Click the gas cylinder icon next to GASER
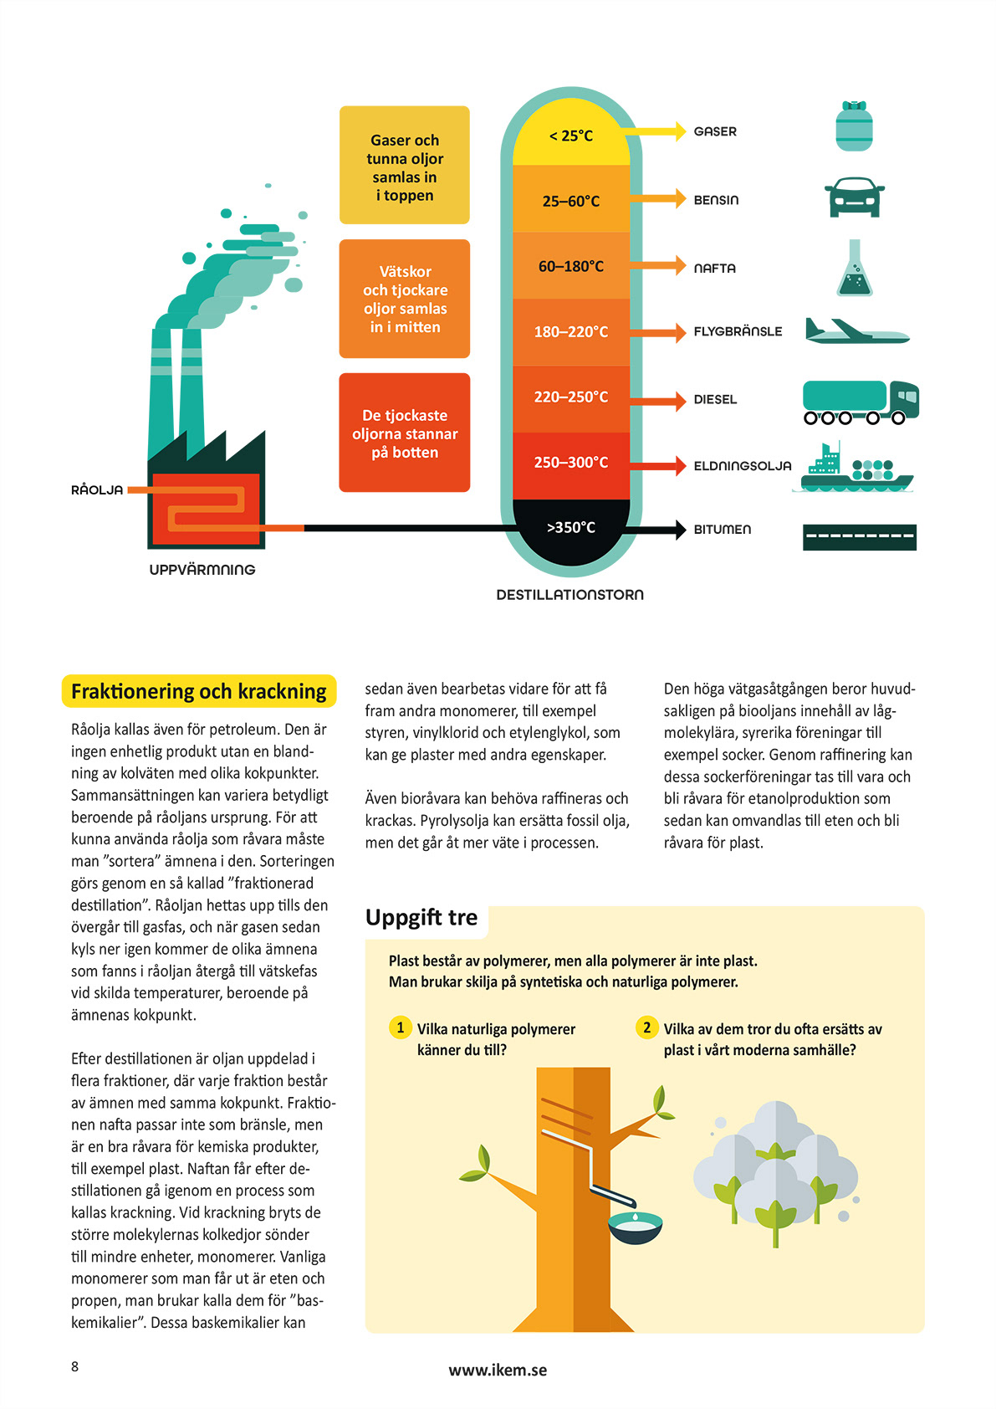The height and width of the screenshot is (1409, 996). pyautogui.click(x=854, y=126)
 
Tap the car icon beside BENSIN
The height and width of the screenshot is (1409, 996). pyautogui.click(x=854, y=197)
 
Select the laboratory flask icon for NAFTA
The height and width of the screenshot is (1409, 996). pyautogui.click(x=854, y=269)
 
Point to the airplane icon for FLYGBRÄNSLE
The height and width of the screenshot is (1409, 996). pyautogui.click(x=856, y=331)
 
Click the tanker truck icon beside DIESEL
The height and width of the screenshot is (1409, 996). pyautogui.click(x=860, y=402)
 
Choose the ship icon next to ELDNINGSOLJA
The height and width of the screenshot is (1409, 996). pyautogui.click(x=854, y=469)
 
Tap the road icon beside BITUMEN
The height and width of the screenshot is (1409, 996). pyautogui.click(x=859, y=536)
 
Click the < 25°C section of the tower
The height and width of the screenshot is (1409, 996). pyautogui.click(x=571, y=136)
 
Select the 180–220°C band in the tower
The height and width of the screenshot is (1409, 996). pyautogui.click(x=571, y=332)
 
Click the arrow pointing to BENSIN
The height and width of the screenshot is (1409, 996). pyautogui.click(x=657, y=199)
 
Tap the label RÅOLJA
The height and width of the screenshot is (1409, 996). pyautogui.click(x=97, y=490)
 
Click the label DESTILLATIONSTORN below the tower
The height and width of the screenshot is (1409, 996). pyautogui.click(x=570, y=595)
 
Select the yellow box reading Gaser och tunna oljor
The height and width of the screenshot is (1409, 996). pyautogui.click(x=404, y=166)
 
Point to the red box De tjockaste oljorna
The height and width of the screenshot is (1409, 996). pyautogui.click(x=404, y=433)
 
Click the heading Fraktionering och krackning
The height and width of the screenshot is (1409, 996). pyautogui.click(x=199, y=691)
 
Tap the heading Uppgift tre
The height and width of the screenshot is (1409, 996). pyautogui.click(x=421, y=918)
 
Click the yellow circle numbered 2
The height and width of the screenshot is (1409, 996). pyautogui.click(x=646, y=1027)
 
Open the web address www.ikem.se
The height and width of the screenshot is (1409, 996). pyautogui.click(x=498, y=1370)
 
